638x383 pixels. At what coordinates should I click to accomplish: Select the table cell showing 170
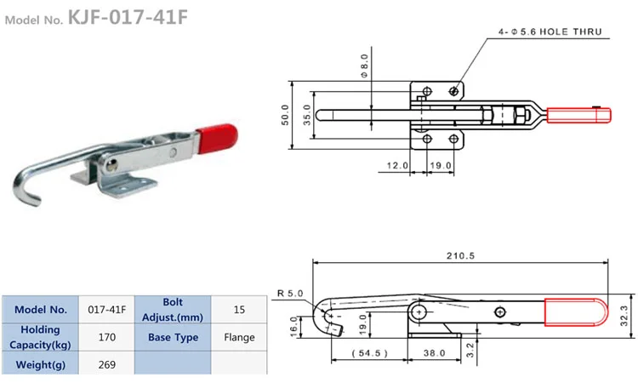[106, 337]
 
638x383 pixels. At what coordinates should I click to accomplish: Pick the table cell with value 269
[106, 365]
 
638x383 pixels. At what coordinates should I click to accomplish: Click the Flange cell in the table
[239, 337]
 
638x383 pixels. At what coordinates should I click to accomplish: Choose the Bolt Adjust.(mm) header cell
[173, 309]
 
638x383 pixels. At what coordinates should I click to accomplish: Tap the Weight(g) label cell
[40, 365]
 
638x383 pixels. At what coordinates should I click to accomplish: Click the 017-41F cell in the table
[106, 309]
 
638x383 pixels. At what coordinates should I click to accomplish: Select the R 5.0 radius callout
[290, 294]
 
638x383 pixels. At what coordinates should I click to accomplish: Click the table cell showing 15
[239, 309]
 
